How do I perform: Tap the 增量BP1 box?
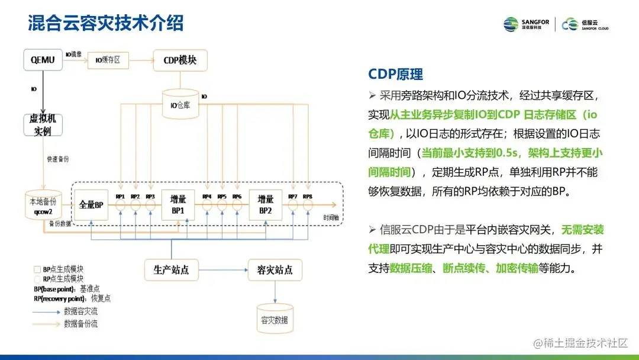(178, 204)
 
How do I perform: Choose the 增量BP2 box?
(265, 204)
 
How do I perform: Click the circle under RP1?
(120, 205)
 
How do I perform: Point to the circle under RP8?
(307, 205)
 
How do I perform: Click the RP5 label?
(222, 196)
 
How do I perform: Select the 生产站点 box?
(171, 270)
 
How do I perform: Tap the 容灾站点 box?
(275, 270)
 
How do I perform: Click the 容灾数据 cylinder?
(275, 319)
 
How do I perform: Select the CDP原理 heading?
(395, 74)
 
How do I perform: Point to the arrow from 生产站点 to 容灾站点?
(222, 270)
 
